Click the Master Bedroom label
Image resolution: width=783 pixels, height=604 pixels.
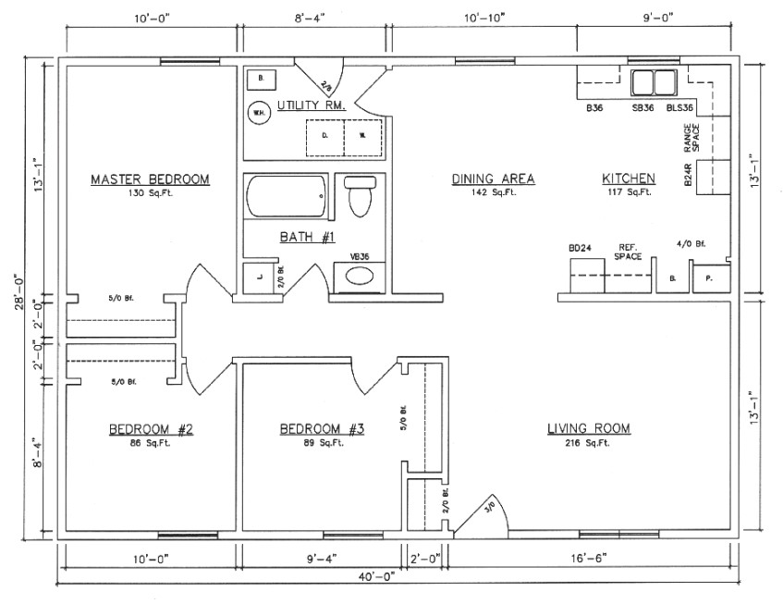point(150,179)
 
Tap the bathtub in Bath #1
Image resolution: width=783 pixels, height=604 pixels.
point(287,198)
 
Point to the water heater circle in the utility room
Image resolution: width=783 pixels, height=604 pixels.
point(258,114)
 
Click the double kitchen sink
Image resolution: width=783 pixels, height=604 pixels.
point(655,83)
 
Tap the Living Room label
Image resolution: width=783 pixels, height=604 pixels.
point(588,428)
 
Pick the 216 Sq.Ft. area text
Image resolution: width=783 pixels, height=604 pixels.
point(588,443)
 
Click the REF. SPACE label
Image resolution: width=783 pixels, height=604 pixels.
point(629,251)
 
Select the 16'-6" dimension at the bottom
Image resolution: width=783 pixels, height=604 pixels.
point(593,559)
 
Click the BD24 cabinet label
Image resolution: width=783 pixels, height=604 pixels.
point(580,248)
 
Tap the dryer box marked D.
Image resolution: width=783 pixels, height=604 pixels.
point(324,133)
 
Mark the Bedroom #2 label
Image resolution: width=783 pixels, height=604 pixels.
point(150,429)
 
